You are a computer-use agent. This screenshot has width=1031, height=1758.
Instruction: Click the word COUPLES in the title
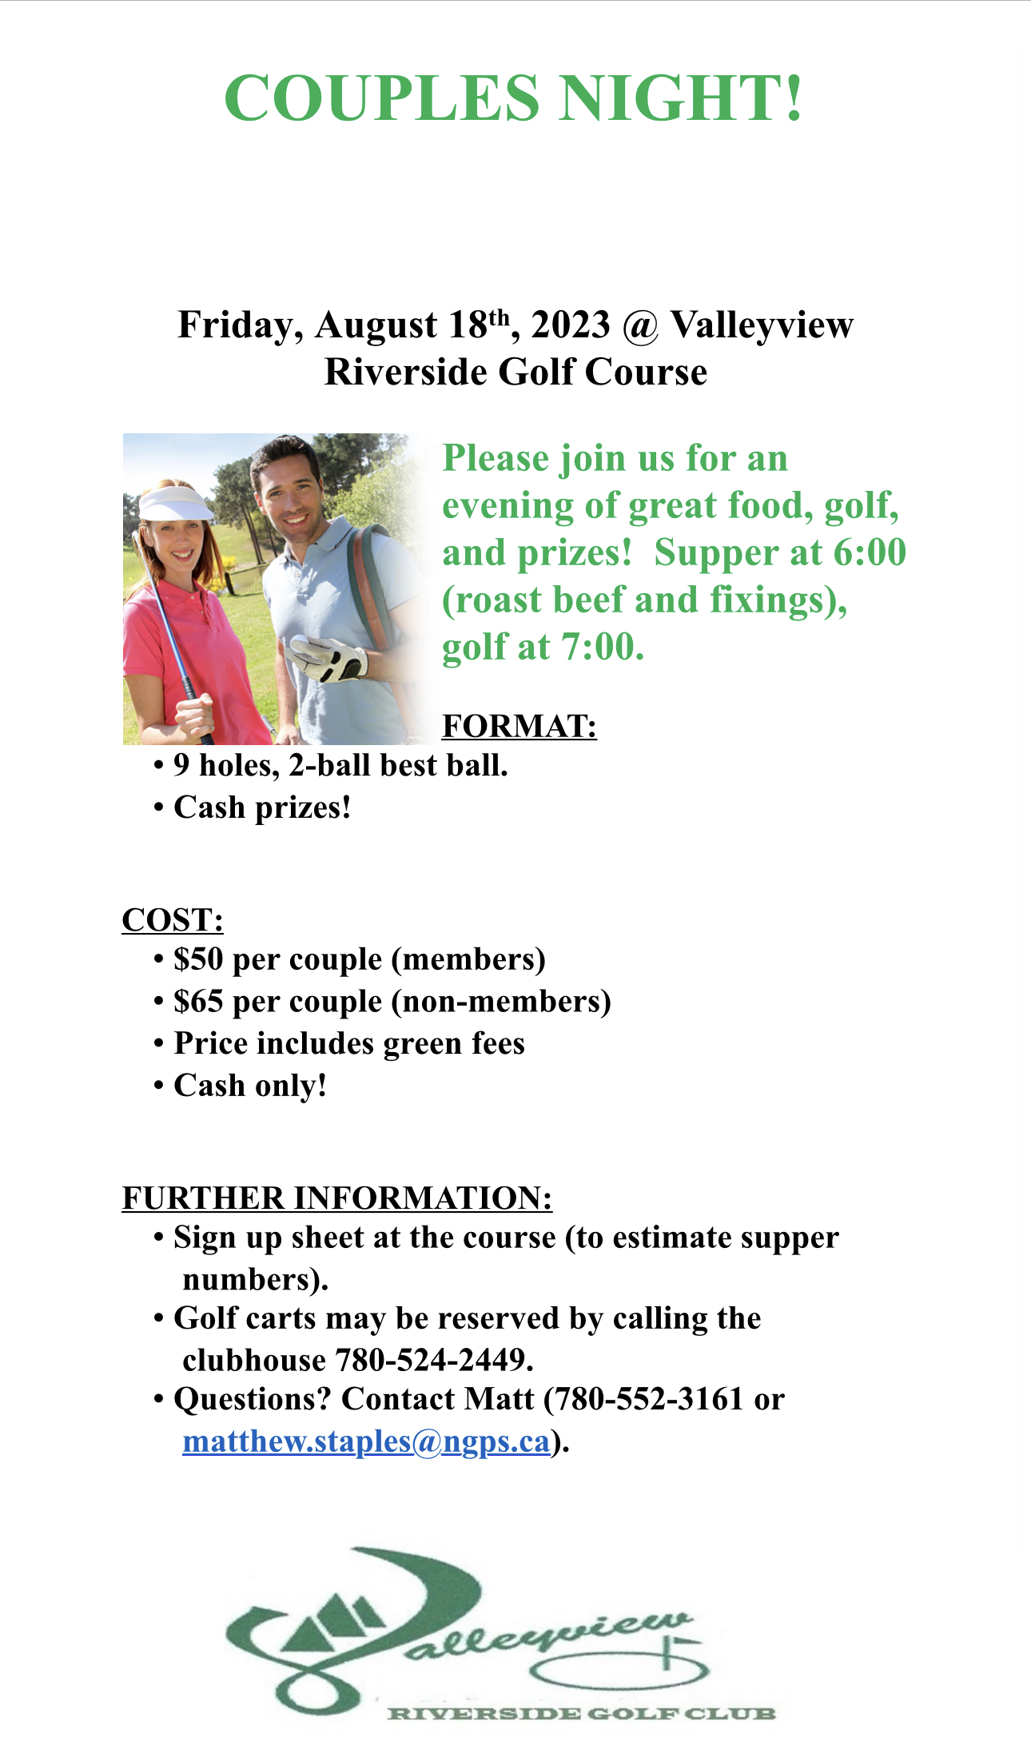point(382,98)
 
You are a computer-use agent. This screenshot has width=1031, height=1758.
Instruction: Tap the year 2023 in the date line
point(571,325)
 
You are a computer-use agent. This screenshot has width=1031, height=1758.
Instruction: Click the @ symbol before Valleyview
point(639,326)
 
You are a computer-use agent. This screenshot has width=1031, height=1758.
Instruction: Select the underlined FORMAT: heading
point(519,726)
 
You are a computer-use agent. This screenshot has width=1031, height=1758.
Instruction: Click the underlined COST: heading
point(173,920)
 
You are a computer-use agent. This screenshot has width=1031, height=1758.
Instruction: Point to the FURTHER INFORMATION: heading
point(336,1198)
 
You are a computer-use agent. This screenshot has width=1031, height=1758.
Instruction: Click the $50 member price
point(198,959)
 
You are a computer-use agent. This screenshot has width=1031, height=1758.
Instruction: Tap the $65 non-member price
point(198,1002)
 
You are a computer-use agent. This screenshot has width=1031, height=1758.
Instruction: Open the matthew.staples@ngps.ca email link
point(366,1441)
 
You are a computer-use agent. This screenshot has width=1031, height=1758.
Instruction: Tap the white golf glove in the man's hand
point(329,657)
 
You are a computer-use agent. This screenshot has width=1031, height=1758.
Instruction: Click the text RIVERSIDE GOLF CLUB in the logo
point(581,1713)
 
